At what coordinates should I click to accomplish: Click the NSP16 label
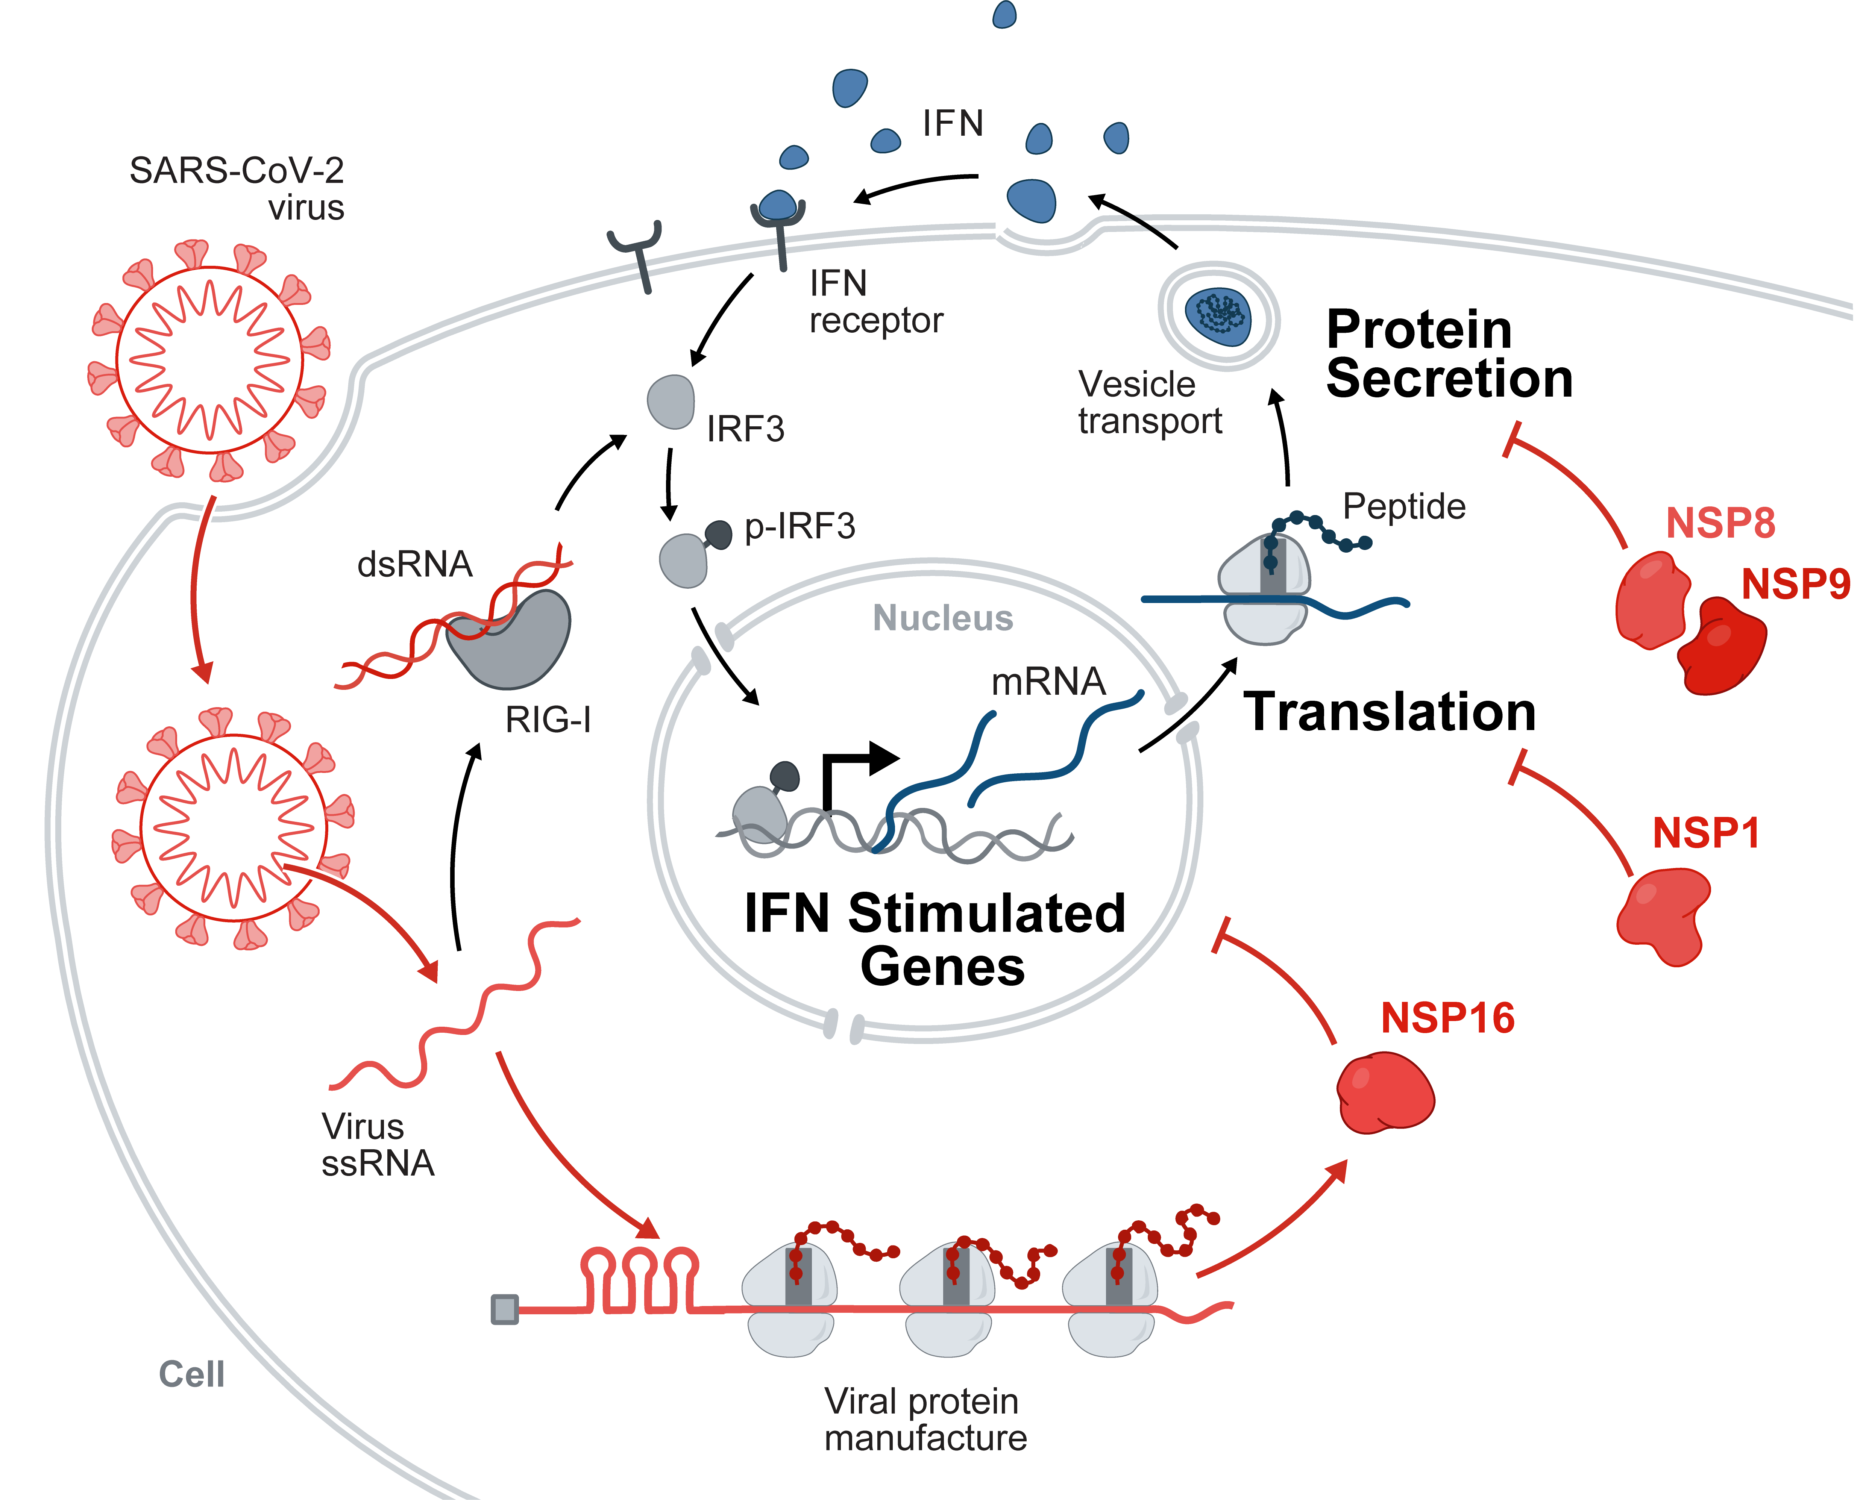tap(1447, 1018)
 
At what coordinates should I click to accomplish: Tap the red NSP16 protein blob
tap(1385, 1093)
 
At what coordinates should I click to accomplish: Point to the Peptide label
tap(1404, 506)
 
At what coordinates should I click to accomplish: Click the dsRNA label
tap(415, 564)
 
